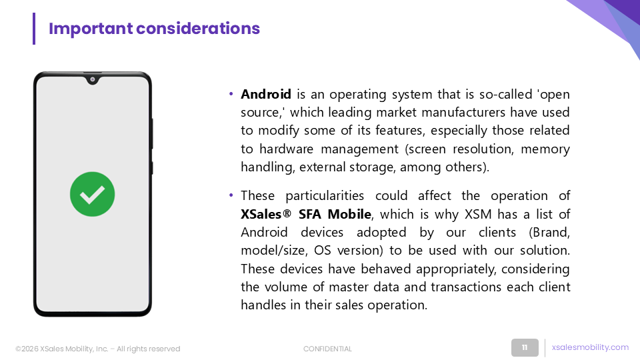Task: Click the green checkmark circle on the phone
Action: pyautogui.click(x=92, y=194)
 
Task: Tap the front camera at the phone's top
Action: pyautogui.click(x=93, y=79)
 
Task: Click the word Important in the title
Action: pyautogui.click(x=91, y=29)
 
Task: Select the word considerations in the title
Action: pyautogui.click(x=198, y=29)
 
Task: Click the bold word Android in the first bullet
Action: pyautogui.click(x=266, y=94)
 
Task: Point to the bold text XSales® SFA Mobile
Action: pyautogui.click(x=306, y=214)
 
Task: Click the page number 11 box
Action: pyautogui.click(x=525, y=347)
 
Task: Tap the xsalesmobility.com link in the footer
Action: pyautogui.click(x=590, y=347)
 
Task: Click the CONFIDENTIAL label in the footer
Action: pyautogui.click(x=327, y=349)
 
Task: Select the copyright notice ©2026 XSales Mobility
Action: pyautogui.click(x=97, y=349)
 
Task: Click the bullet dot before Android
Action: pyautogui.click(x=231, y=94)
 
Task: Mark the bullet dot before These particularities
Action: pyautogui.click(x=231, y=195)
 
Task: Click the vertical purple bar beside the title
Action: pyautogui.click(x=34, y=29)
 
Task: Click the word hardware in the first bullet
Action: pyautogui.click(x=286, y=149)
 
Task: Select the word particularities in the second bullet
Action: pyautogui.click(x=325, y=196)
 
